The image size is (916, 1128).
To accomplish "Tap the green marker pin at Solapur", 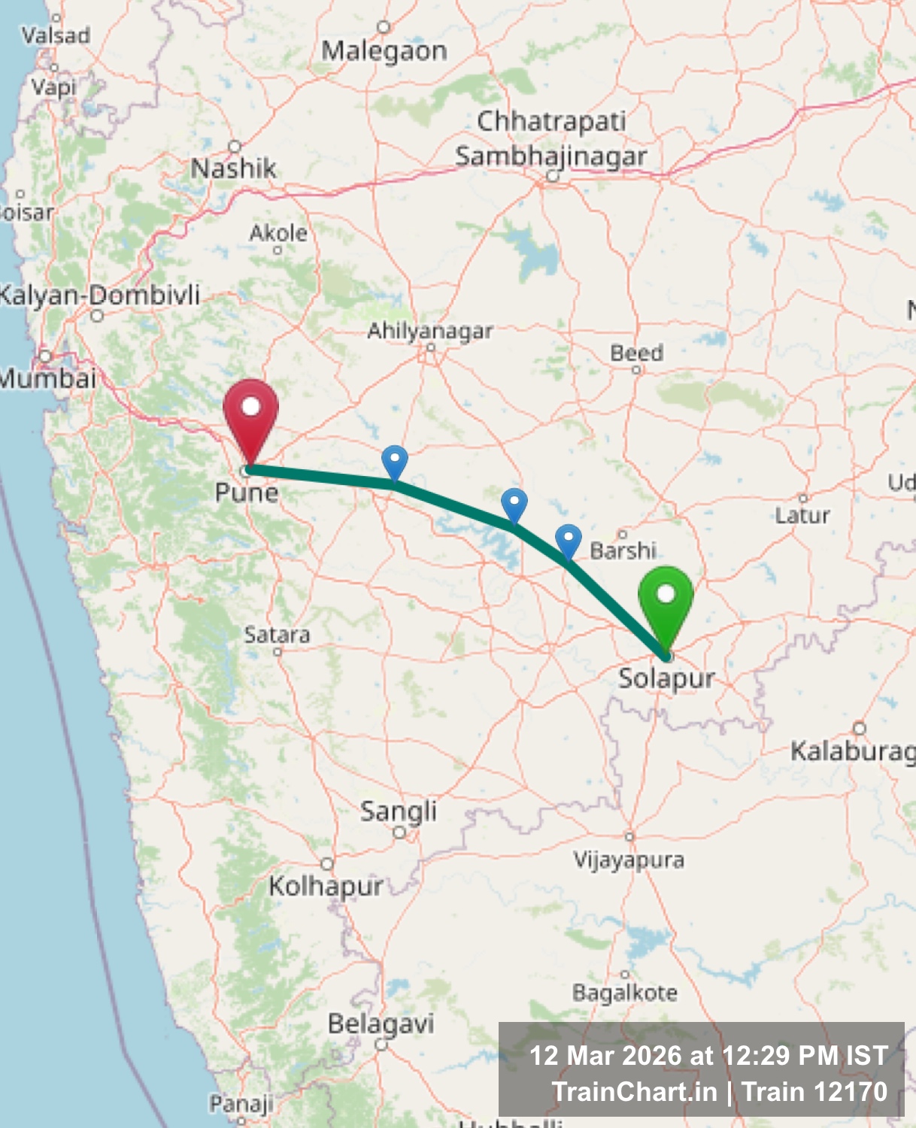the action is (666, 602).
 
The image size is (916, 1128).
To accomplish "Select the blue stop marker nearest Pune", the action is (395, 460).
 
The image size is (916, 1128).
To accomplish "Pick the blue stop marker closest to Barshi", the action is (569, 540).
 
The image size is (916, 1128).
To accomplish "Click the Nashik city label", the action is (233, 168).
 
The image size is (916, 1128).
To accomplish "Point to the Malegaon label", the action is (384, 51).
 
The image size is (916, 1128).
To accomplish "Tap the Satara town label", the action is (277, 635).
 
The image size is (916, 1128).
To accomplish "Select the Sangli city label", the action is (398, 811).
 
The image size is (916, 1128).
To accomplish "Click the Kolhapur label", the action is (326, 886).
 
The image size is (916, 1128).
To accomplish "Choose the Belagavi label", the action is (381, 1023).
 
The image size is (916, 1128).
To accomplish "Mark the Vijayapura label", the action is (629, 859).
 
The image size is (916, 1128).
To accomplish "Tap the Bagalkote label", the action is (624, 993).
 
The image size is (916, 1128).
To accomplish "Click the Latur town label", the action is (802, 515).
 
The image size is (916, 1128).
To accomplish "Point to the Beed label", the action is (636, 353).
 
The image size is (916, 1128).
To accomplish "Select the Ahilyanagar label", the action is (430, 330).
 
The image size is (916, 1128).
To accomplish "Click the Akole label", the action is (278, 233).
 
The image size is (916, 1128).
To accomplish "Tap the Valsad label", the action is (56, 35).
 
